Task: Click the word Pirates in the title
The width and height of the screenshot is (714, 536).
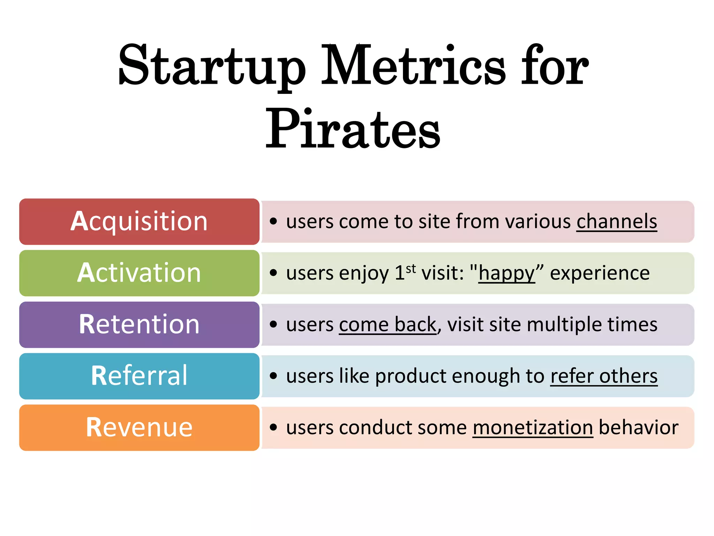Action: coord(353,129)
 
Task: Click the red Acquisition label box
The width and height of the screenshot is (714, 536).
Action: coord(139,222)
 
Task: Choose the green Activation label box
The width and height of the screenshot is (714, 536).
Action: coord(139,273)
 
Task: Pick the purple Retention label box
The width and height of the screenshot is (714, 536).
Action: coord(139,325)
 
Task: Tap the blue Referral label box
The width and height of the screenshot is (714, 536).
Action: coord(139,376)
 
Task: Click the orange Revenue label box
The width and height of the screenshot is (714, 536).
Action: coord(139,427)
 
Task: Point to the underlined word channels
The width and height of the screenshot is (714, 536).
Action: coord(616,222)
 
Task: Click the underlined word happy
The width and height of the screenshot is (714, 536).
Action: coord(506,273)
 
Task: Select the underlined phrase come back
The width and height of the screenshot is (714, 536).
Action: coord(387,325)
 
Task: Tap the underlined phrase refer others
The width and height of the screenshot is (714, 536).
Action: coord(604,376)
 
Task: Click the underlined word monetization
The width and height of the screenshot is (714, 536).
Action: coord(533,427)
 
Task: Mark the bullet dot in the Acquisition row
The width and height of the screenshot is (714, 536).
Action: coord(273,221)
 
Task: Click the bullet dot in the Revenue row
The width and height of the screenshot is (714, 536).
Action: coord(273,427)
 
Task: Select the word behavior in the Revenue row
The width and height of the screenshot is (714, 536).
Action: coord(638,427)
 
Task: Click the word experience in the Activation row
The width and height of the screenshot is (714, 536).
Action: coord(600,273)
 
